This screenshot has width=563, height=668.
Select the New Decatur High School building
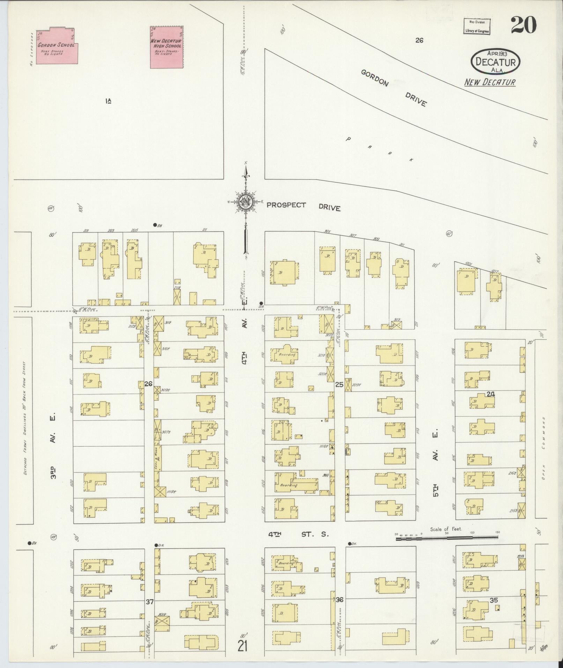point(166,47)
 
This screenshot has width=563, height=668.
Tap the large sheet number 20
point(523,25)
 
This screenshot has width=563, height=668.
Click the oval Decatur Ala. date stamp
point(495,61)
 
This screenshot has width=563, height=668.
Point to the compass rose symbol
point(246,202)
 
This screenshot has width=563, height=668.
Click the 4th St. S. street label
point(298,534)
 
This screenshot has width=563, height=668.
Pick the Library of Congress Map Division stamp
point(477,27)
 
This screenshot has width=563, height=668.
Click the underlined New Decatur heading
point(489,82)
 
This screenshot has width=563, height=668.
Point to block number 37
point(150,602)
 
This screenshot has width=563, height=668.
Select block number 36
point(340,600)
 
